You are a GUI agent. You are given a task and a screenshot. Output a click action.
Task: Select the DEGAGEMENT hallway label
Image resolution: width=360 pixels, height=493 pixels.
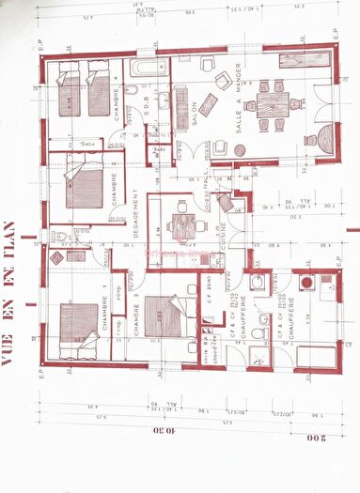pos(136,216)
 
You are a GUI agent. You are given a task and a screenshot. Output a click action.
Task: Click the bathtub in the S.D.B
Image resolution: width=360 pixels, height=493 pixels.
pos(149,69)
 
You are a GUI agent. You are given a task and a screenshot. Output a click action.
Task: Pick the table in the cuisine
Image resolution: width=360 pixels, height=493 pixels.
pos(184,223)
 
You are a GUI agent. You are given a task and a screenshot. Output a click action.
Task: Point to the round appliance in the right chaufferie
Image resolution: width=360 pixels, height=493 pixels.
pos(305,281)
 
